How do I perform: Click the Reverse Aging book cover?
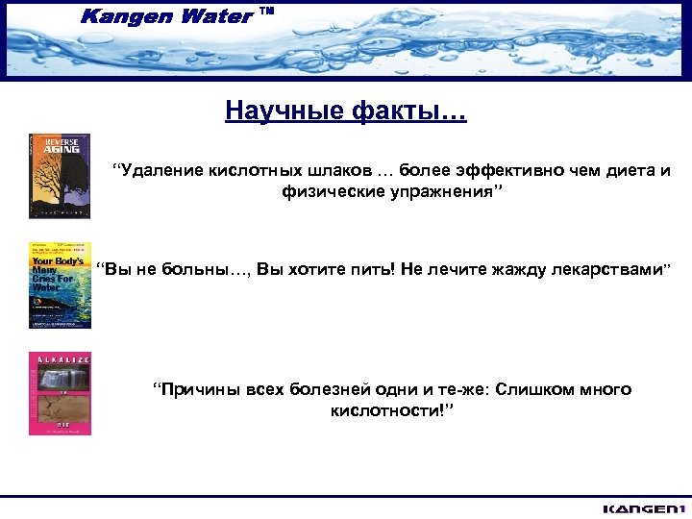pos(60,176)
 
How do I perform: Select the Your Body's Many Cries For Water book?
pos(60,285)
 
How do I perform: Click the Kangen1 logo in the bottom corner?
pos(641,507)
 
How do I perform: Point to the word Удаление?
pos(159,171)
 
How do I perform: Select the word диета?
pos(626,171)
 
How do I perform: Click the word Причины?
pos(200,389)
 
